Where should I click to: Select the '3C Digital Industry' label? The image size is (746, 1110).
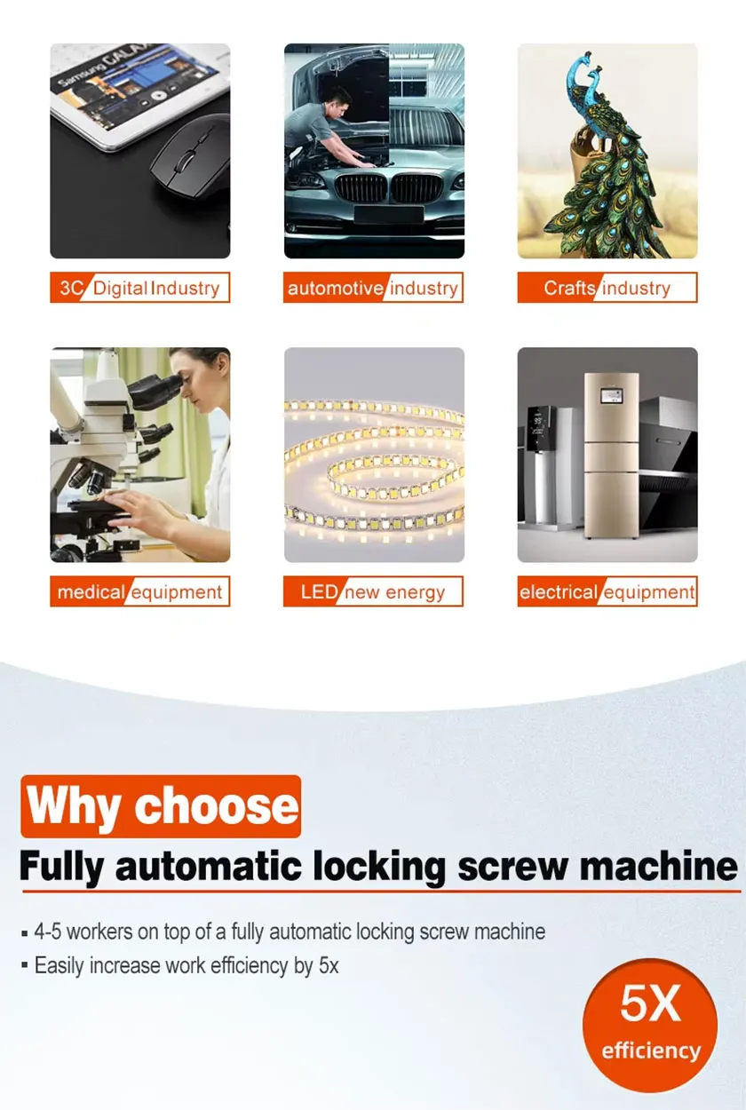[x=139, y=288]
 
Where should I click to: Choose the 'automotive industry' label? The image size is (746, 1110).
[x=373, y=288]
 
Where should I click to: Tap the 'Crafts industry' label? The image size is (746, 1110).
[x=607, y=288]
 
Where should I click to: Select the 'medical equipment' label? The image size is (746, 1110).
[x=139, y=591]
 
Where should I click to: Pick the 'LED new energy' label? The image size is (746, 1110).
[x=373, y=591]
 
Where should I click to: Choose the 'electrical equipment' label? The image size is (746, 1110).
[x=607, y=591]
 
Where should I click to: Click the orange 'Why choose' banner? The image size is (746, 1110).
[x=161, y=806]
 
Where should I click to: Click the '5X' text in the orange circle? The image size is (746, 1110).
[x=650, y=1003]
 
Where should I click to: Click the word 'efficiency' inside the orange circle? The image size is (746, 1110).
[x=651, y=1051]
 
